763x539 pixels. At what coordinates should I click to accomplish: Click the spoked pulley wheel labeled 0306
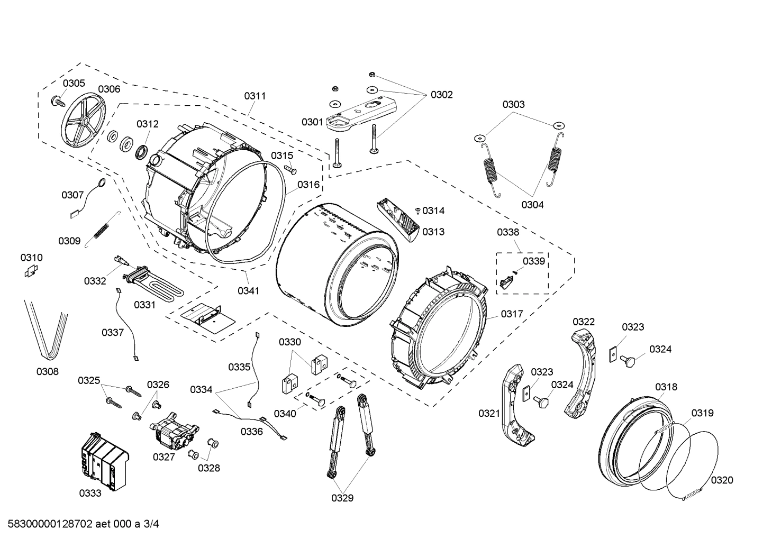(84, 122)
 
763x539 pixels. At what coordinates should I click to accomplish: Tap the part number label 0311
(255, 96)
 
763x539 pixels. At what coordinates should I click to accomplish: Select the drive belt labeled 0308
(46, 328)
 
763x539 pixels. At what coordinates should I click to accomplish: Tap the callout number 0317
(512, 314)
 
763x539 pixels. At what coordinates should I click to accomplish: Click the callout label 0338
(508, 232)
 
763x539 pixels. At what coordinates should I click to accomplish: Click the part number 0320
(722, 480)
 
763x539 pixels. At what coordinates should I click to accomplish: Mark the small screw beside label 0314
(418, 211)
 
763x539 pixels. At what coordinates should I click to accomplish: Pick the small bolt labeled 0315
(292, 170)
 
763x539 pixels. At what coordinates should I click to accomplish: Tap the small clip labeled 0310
(31, 271)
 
